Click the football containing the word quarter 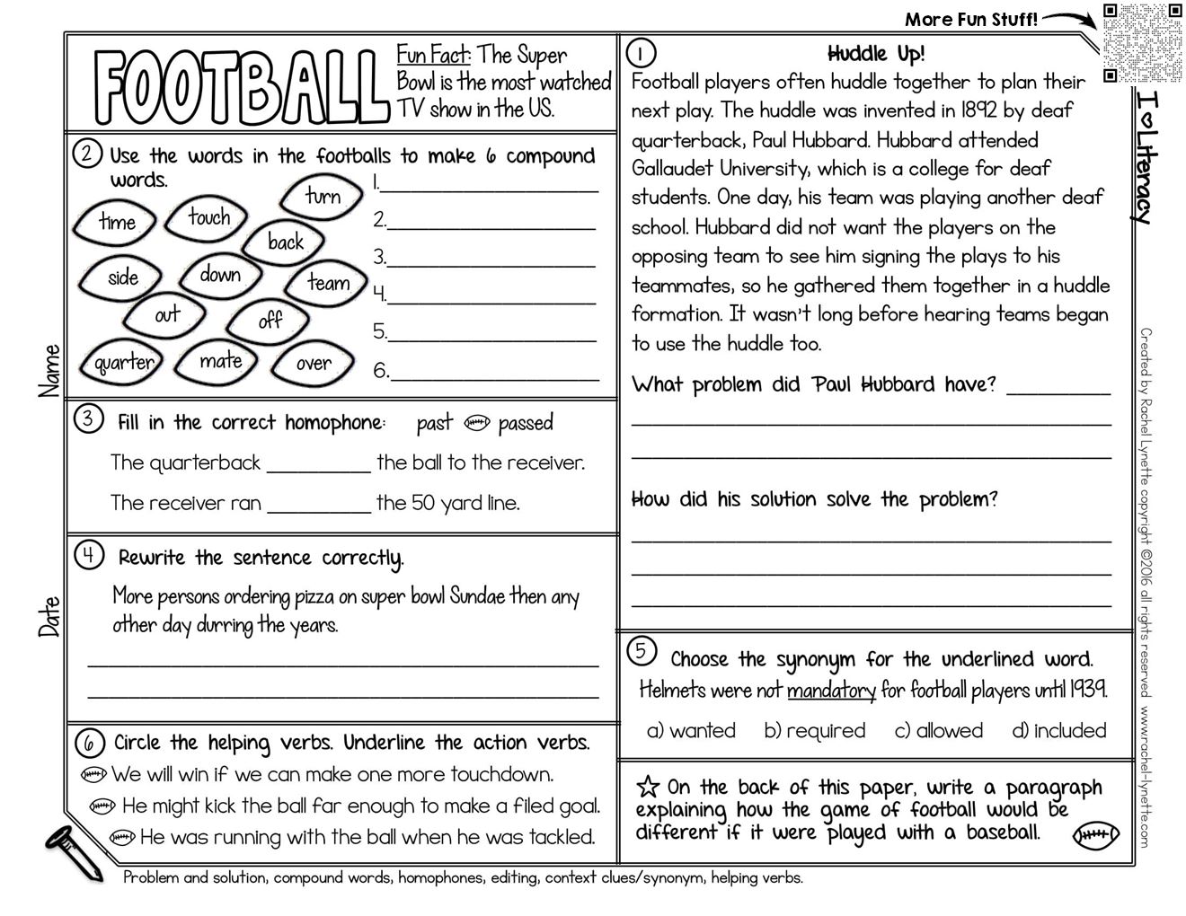(124, 363)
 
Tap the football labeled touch (208, 217)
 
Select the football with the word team (328, 283)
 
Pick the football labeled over (313, 363)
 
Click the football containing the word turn (323, 196)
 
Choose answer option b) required (814, 731)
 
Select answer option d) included (1058, 731)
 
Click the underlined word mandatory (831, 691)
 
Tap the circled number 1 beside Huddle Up (642, 54)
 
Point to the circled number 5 (640, 651)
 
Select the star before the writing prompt (647, 787)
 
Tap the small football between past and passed (477, 423)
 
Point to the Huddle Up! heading (875, 54)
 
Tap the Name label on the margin (50, 370)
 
